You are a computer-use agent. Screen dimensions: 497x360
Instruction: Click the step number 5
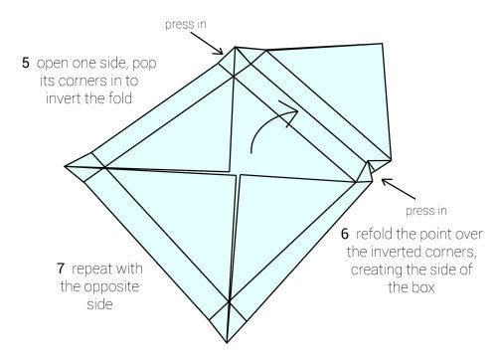26,63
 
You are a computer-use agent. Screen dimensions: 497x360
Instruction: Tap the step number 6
345,234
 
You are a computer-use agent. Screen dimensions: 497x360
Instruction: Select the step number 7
61,269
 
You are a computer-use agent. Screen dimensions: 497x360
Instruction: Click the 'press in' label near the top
186,25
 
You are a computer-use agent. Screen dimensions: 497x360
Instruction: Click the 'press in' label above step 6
426,211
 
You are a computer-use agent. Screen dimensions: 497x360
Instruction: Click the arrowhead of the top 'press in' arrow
220,51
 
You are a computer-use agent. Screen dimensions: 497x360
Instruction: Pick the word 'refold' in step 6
374,234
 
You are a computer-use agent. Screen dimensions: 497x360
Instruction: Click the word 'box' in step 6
425,287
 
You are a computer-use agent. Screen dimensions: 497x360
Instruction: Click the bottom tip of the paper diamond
227,342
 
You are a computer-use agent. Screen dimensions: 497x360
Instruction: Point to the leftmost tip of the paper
65,166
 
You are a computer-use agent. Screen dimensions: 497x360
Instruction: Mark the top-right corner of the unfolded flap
383,44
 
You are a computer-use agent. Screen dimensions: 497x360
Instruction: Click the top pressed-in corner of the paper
235,47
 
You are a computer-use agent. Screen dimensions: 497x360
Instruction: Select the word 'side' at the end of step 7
100,304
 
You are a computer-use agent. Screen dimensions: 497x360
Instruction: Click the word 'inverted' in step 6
389,252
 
